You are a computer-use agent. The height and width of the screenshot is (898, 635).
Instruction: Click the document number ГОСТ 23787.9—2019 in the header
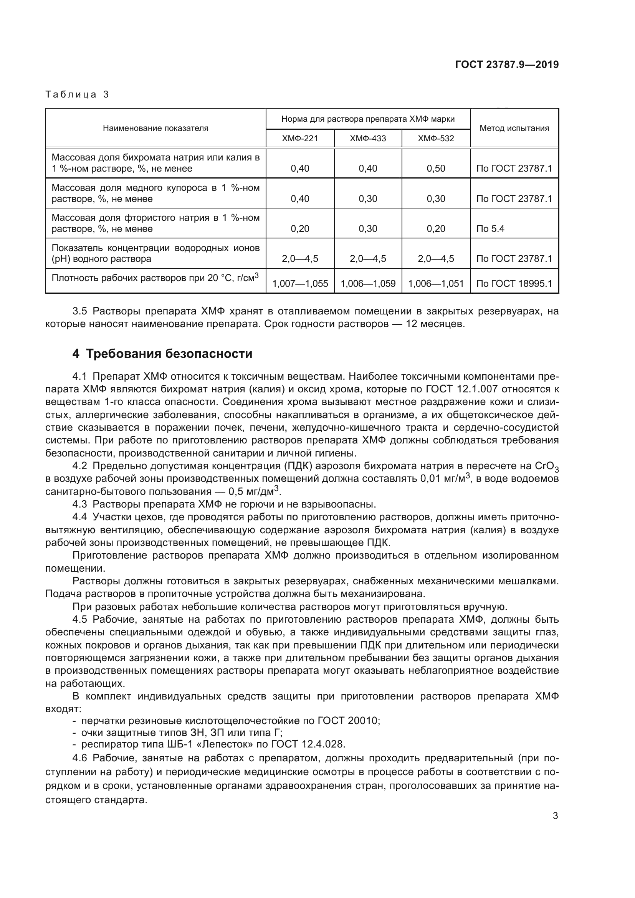coord(507,65)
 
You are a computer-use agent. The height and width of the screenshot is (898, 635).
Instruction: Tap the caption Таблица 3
coord(77,94)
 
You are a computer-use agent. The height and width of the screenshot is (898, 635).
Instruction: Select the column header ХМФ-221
coord(300,139)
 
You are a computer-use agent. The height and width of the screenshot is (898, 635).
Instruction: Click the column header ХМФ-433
coord(367,139)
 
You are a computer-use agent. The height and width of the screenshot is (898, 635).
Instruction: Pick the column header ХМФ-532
coord(436,139)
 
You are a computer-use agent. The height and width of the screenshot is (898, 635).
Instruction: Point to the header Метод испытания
coord(514,128)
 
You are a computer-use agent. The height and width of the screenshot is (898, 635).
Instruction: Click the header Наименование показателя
coord(155,128)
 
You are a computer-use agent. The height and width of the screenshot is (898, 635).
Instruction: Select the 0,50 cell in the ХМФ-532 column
coord(436,169)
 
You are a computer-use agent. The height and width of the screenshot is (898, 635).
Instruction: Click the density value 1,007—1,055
coord(300,284)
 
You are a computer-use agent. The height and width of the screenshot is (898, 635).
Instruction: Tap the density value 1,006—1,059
coord(367,284)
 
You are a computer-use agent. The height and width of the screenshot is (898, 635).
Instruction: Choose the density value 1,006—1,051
coord(436,284)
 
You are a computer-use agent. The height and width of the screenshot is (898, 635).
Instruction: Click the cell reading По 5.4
coord(490,229)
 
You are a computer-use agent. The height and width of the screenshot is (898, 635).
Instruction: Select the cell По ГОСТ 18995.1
coord(514,284)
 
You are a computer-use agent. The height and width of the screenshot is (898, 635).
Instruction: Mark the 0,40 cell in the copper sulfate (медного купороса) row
coord(300,199)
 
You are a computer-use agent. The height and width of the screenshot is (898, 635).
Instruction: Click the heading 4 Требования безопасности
coord(162,354)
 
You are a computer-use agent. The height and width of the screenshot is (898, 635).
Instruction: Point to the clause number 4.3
coord(79,504)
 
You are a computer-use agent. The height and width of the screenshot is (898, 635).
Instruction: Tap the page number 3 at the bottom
coord(555,816)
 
